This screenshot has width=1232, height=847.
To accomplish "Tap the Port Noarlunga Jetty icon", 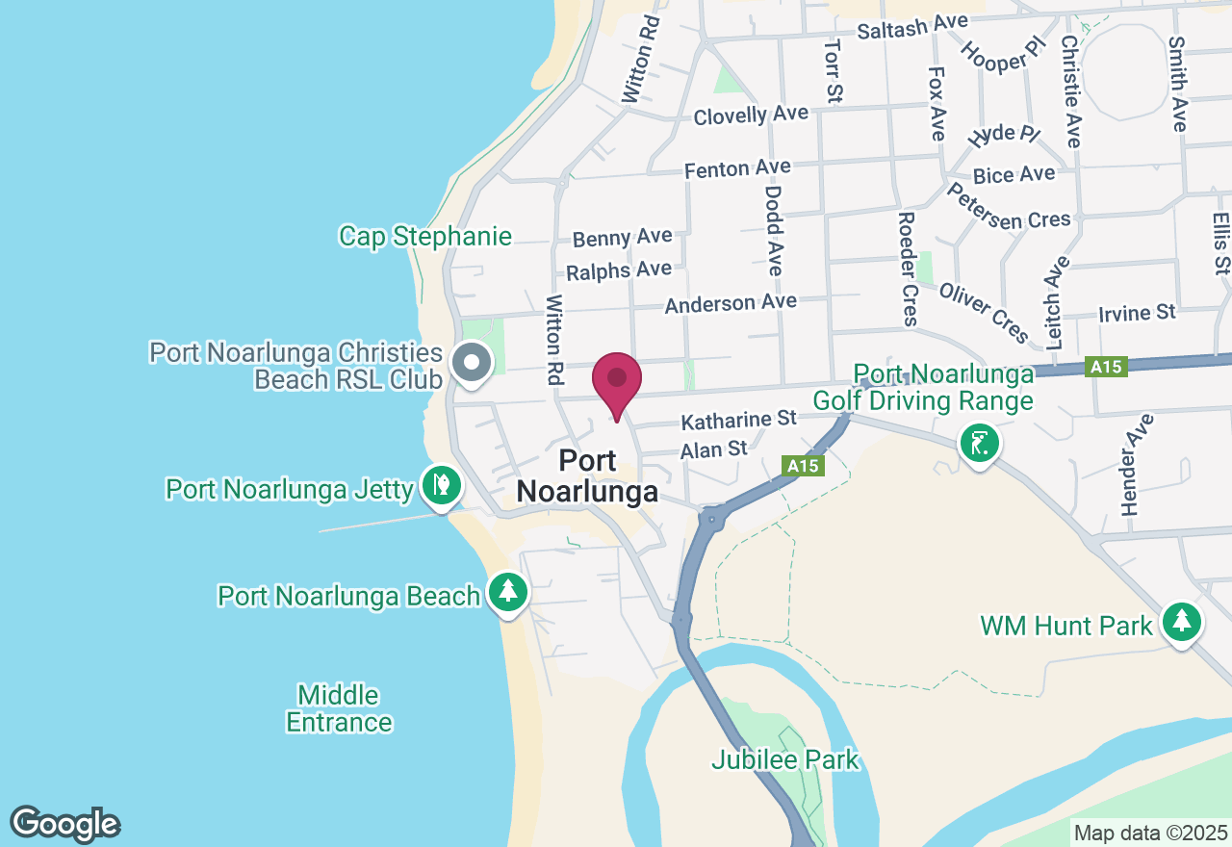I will point(441,485).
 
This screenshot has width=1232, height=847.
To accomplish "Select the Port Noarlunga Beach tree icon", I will point(507,593).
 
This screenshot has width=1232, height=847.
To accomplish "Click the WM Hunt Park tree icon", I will point(1181,623).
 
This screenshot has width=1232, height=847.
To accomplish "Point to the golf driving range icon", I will point(980,444).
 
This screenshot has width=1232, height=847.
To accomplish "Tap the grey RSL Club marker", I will point(472,364).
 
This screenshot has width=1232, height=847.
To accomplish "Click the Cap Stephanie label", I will point(425,237).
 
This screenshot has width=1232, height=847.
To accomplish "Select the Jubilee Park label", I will point(784,760).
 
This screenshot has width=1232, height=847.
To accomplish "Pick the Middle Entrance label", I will point(339,708).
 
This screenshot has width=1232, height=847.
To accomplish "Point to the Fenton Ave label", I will point(737,169).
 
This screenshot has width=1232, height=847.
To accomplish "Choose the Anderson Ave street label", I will point(731,304).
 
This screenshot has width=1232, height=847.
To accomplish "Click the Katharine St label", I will point(739,421).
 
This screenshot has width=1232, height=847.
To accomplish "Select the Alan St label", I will point(713,449).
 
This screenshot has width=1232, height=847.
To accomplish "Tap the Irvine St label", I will point(1137,314).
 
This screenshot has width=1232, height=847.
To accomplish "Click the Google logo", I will point(64,824).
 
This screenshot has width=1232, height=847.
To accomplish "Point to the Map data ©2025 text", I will point(1150,832).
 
